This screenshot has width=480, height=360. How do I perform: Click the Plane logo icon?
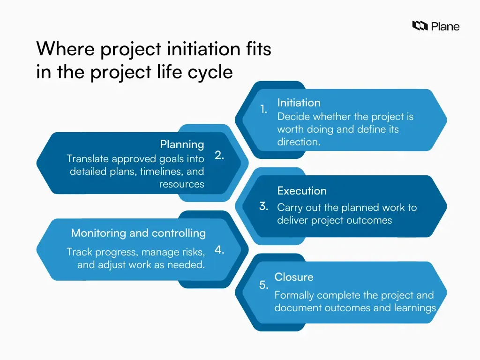click(x=420, y=26)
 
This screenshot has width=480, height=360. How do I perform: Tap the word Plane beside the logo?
click(x=445, y=26)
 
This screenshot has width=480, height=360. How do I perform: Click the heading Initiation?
click(x=299, y=103)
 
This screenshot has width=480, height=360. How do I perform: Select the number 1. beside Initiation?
click(x=264, y=109)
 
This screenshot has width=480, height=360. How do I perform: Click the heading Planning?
click(x=182, y=144)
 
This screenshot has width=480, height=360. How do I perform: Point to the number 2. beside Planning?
click(x=219, y=156)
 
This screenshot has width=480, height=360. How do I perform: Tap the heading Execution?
click(x=302, y=191)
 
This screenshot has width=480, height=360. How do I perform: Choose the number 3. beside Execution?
click(x=263, y=206)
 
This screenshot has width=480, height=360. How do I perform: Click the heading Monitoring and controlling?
click(x=138, y=233)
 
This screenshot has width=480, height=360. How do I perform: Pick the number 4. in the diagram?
click(x=219, y=250)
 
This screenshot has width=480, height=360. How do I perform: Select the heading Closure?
click(x=294, y=277)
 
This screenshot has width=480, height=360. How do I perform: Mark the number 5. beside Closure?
click(x=264, y=285)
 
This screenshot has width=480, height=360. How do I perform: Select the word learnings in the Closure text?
click(x=415, y=308)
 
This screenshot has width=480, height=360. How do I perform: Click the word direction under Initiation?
click(x=298, y=142)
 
